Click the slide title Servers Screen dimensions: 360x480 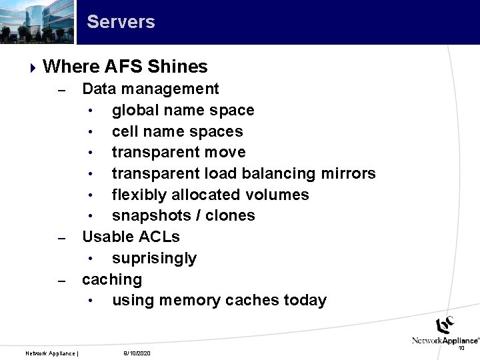(121, 21)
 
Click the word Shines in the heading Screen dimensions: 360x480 (178, 67)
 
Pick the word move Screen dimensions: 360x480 (225, 152)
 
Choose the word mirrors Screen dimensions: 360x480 (348, 173)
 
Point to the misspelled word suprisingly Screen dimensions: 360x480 (154, 258)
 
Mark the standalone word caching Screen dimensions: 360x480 (112, 279)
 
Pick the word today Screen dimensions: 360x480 (305, 300)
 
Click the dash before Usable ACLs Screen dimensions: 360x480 (61, 238)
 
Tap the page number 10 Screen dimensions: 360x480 (461, 347)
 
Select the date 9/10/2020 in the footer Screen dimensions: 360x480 (137, 353)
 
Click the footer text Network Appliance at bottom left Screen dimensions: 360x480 (51, 353)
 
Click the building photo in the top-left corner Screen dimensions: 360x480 (37, 21)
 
